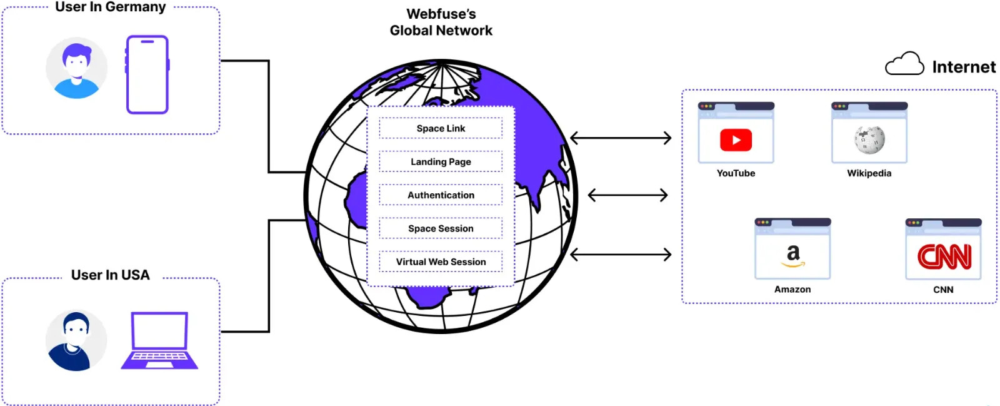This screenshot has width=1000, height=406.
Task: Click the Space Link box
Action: (441, 128)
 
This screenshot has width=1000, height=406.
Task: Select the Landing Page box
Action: (441, 161)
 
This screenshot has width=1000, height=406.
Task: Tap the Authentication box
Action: (441, 195)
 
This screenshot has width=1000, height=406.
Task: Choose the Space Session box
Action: (441, 228)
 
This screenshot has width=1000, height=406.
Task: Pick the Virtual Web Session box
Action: (441, 261)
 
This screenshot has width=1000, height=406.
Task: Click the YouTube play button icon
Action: (736, 140)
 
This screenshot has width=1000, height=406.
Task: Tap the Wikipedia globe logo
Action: (869, 140)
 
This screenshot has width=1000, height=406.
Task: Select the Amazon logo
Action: (792, 255)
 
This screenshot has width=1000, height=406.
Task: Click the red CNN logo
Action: (944, 256)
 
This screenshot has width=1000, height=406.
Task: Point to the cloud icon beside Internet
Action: (904, 64)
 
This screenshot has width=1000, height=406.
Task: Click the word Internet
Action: (964, 67)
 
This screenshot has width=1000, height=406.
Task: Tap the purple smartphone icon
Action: (147, 74)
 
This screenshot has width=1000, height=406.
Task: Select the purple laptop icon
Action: (159, 341)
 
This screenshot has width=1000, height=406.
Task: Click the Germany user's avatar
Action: (76, 68)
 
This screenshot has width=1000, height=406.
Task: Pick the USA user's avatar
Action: (76, 341)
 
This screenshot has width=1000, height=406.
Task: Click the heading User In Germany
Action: (111, 7)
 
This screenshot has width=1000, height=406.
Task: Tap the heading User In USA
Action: (111, 275)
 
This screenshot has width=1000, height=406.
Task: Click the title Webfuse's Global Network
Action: (441, 22)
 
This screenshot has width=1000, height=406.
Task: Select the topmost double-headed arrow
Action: (621, 138)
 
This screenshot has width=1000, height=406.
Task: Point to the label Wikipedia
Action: (869, 173)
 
